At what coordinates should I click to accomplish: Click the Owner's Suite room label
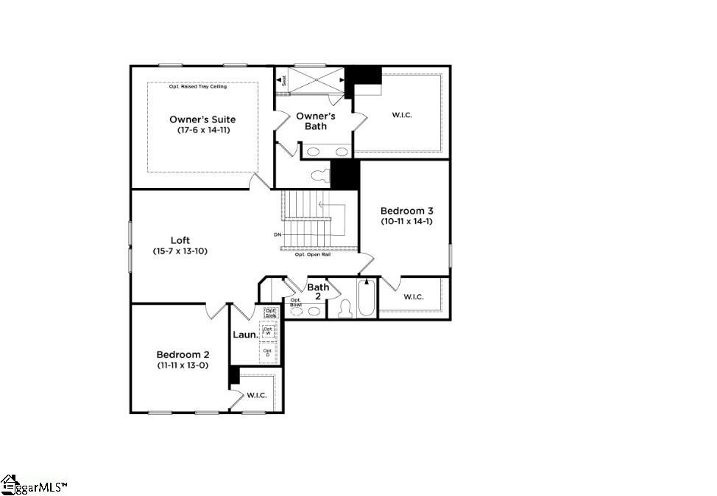pos(202,119)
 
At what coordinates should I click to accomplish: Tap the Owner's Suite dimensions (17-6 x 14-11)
pos(202,130)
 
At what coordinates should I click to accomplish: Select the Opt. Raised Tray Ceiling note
pos(198,87)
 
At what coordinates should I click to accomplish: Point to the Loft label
pos(180,240)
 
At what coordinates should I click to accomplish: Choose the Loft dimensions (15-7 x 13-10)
pos(180,252)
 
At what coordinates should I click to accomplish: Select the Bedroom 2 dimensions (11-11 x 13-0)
pos(182,365)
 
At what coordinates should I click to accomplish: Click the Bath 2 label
pos(318,291)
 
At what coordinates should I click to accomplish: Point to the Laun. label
pos(245,335)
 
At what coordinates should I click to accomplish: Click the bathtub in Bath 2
pos(367,301)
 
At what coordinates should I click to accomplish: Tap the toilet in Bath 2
pos(345,310)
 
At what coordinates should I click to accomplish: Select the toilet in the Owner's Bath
pos(319,176)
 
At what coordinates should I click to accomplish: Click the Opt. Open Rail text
pos(312,254)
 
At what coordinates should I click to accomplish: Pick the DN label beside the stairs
pos(278,235)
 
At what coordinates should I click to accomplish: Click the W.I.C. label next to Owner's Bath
pos(402,114)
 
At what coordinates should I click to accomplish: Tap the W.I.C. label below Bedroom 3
pos(414,296)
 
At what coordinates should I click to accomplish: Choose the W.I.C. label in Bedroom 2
pos(256,395)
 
